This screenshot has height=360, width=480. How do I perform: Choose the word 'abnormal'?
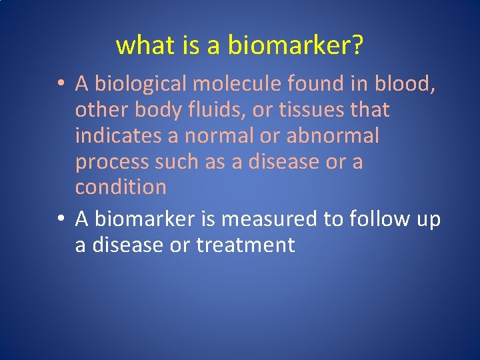[333, 135]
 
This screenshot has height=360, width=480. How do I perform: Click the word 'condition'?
[121, 187]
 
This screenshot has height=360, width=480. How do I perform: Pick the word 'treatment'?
[245, 245]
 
